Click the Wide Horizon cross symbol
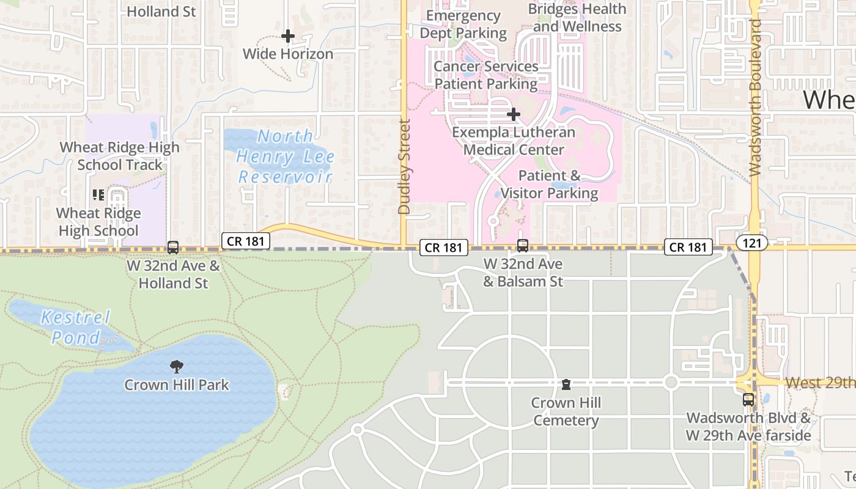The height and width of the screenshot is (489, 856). pos(288,36)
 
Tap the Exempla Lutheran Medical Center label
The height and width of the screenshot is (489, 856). pos(514,141)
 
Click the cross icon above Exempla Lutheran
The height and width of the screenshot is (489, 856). pos(514,114)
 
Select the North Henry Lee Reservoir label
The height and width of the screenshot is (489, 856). pos(284,157)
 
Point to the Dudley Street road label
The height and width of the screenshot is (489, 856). pos(404,167)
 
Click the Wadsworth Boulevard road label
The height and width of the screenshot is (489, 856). pos(755,98)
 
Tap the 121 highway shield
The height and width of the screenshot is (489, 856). pos(751,243)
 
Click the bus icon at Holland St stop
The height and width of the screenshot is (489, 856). pos(173,248)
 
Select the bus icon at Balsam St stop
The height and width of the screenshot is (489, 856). pos(523,246)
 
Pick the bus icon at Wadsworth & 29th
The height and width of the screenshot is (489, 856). pos(748,400)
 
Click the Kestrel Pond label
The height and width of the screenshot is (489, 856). pos(76,327)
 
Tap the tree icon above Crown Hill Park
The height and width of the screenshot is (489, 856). pos(177,367)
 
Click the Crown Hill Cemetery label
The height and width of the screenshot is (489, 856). pos(566,411)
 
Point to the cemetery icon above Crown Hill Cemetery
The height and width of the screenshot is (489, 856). pos(566,384)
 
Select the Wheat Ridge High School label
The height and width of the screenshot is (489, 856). pos(98,222)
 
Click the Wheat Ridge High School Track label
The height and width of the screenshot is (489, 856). pos(120,156)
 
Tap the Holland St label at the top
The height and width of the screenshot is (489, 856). pos(161,11)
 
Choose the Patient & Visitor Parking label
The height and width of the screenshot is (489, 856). pos(549,185)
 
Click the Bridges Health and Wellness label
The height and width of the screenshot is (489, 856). pos(577,18)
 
